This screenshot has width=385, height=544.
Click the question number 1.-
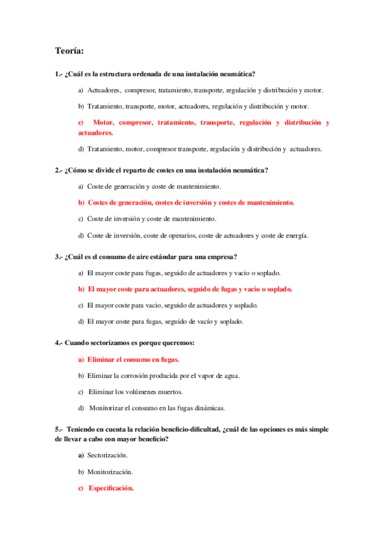[x=59, y=74]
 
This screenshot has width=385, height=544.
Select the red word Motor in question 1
[x=103, y=122]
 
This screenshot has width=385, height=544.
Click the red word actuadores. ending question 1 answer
[x=96, y=132]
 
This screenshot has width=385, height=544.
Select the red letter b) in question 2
[x=82, y=203]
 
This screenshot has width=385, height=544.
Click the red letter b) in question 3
[x=82, y=289]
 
